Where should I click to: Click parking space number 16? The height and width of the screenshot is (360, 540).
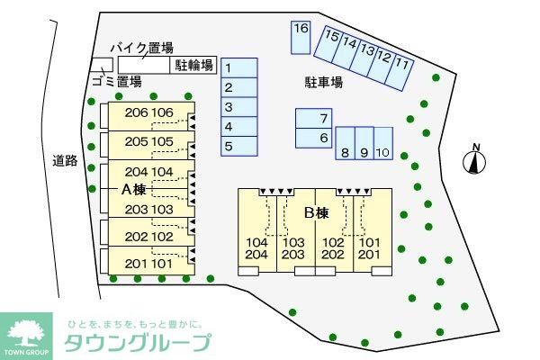click(301, 36)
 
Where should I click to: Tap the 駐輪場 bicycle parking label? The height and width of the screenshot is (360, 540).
click(193, 65)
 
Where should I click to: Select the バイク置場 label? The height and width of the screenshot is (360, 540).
click(141, 48)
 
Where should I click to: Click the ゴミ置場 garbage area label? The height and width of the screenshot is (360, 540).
click(117, 82)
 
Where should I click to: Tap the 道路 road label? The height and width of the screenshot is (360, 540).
click(64, 161)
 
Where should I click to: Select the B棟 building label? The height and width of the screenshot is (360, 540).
click(316, 213)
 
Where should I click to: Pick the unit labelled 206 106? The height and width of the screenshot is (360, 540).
click(149, 113)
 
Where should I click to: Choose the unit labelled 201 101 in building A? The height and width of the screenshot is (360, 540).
click(149, 264)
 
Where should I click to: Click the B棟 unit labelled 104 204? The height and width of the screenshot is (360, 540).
click(256, 248)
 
